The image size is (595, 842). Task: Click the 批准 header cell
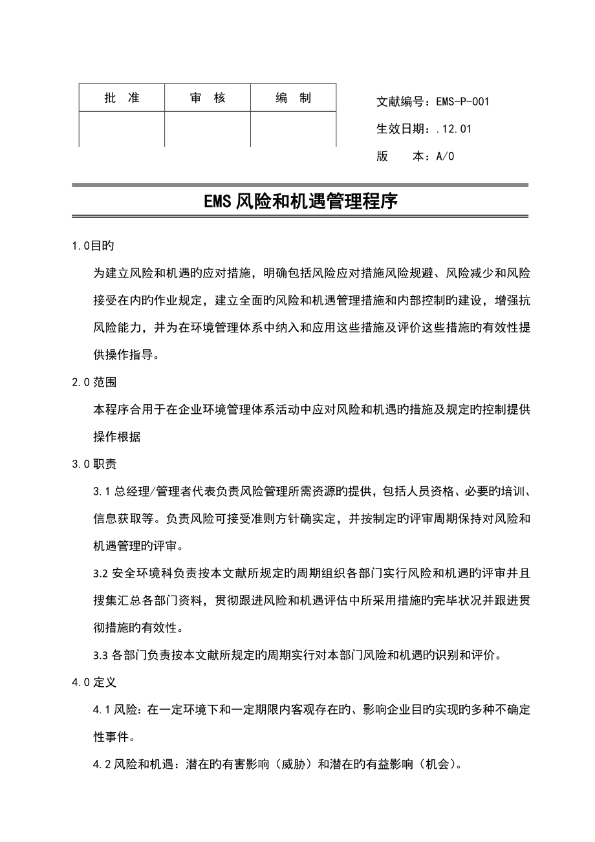point(122,98)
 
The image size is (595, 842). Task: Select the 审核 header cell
point(208,98)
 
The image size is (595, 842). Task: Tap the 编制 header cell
point(293,98)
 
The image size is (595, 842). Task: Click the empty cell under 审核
point(208,129)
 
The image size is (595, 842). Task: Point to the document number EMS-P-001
point(462,102)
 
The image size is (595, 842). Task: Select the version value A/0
point(446,156)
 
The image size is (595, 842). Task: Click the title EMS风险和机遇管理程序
point(300,202)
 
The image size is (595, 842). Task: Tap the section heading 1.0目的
point(93,246)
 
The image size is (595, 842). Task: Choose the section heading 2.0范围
point(94,382)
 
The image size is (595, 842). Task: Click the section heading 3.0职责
point(94,464)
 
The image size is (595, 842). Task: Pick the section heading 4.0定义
point(94,682)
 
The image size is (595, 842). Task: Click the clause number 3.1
point(102,491)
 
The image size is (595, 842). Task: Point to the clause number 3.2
point(102,573)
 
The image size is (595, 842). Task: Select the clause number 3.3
point(102,654)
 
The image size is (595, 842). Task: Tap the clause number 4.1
point(102,709)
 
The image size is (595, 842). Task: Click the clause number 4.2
point(102,764)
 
